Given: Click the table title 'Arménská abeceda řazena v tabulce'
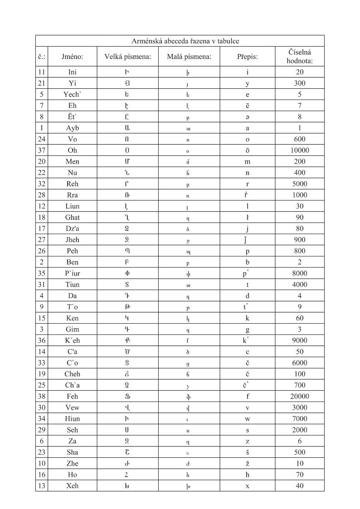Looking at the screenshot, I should [179, 41].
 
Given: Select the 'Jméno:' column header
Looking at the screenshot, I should [73, 57].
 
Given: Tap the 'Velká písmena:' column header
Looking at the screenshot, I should [127, 57].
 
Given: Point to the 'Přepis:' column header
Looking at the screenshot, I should [247, 57].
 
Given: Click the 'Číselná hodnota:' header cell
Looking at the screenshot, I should [299, 57].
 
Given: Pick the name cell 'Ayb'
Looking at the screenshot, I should [73, 128].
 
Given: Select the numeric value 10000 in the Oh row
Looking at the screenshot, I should [299, 150].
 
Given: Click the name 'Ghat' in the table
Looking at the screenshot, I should [73, 217].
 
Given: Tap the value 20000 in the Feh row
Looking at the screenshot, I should [299, 396].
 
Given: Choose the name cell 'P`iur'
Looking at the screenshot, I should [73, 273].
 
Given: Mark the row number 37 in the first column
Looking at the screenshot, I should [41, 150].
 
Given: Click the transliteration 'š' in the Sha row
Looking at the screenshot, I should [247, 452].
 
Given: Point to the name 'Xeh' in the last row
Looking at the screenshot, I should [73, 486].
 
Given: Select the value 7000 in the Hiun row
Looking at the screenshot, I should [299, 419].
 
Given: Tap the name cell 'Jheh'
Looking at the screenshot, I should [73, 240].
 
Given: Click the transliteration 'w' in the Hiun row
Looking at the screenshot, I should [247, 419].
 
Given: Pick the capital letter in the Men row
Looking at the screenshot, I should [127, 161].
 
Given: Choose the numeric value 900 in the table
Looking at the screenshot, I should [299, 240].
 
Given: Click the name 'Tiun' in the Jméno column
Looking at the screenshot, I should [73, 285].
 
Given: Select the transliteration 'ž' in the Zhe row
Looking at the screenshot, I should [247, 464].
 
